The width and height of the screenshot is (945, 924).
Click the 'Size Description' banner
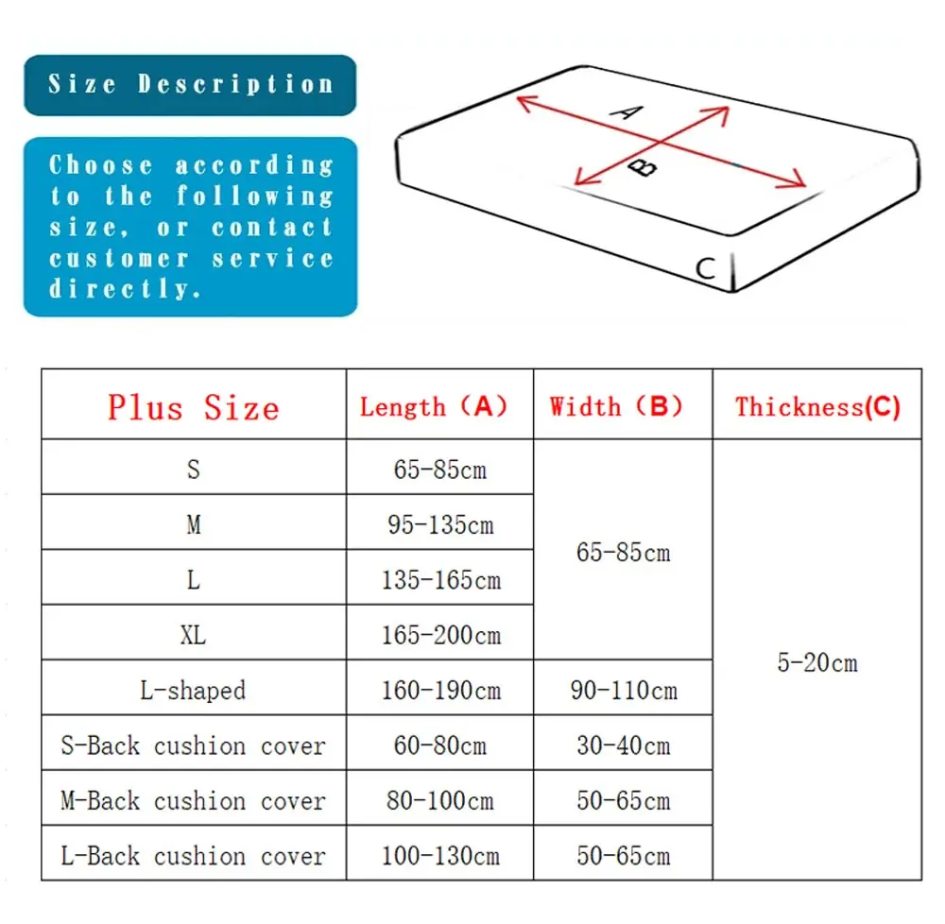(190, 84)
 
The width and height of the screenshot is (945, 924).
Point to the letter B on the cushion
(644, 167)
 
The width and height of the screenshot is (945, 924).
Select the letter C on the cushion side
(705, 268)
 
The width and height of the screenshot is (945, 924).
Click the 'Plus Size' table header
(194, 407)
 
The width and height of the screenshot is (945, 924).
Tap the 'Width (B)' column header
(616, 407)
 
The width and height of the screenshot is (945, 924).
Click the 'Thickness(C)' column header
(817, 407)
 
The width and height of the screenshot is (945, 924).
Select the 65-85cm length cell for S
(440, 470)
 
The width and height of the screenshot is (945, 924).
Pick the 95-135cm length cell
(440, 524)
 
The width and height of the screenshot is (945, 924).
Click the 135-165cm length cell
(440, 579)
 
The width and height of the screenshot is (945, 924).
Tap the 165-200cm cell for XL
(440, 635)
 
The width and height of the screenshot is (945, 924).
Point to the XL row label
(194, 635)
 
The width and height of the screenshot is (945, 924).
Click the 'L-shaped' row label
(194, 691)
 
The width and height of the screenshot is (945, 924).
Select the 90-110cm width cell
(624, 691)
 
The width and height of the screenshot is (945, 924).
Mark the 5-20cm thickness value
(817, 662)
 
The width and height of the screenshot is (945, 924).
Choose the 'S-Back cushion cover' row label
(194, 745)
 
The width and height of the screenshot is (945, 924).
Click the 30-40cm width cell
(624, 745)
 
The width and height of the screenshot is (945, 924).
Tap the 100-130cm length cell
(440, 856)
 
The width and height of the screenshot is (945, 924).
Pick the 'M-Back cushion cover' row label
(194, 801)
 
